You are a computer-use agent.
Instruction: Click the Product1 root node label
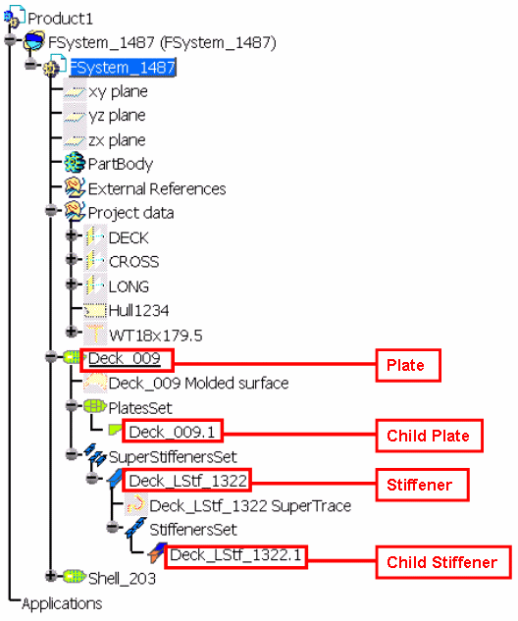coord(60,19)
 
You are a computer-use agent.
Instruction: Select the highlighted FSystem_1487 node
coord(123,68)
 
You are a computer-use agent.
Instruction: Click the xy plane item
coord(118,92)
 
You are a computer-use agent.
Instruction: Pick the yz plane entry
coord(117,116)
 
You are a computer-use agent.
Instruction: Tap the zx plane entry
coord(117,140)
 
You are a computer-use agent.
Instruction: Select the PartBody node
coord(121,165)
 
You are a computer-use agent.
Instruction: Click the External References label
coord(157,189)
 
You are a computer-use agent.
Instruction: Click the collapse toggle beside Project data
coord(51,210)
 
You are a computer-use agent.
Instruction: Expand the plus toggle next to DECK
coord(72,235)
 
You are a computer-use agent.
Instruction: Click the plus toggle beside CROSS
coord(72,259)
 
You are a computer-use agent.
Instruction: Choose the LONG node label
coord(129,286)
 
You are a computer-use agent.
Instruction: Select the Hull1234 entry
coord(138,311)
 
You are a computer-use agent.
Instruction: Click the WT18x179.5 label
coord(156,336)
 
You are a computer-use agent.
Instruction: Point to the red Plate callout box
coord(408,365)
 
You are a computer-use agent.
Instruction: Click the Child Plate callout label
coord(428,436)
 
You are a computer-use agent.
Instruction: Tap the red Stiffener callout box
coord(422,486)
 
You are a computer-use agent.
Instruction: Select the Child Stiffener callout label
coord(441,562)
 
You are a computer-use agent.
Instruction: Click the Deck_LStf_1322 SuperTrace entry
coord(250,506)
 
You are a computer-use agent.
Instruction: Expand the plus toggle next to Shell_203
coord(51,576)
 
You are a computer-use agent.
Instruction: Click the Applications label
coord(62,604)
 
